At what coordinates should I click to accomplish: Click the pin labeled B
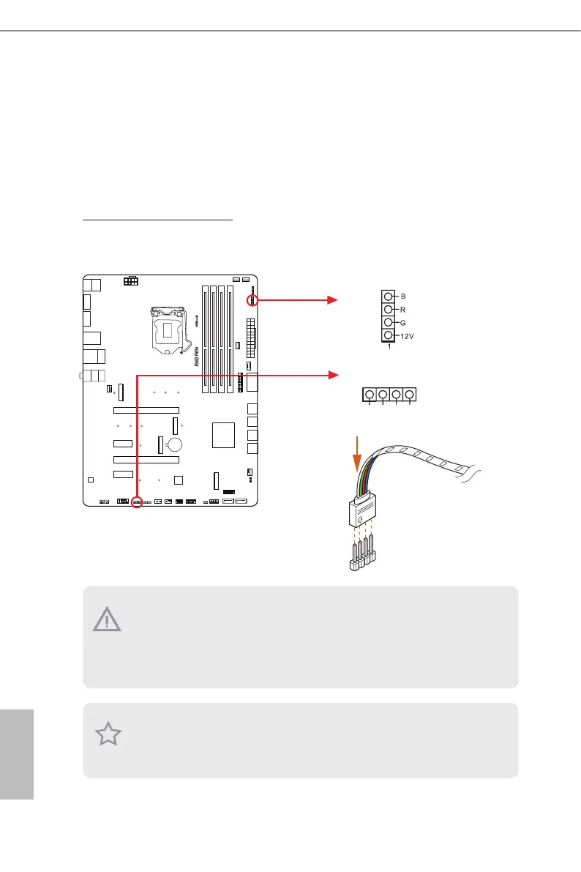[389, 297]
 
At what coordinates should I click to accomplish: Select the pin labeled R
[389, 310]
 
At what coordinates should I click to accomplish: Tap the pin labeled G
[389, 322]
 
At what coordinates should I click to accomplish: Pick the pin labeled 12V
[389, 335]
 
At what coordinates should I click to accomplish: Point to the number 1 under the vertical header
[389, 346]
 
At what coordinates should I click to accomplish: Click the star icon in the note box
[108, 734]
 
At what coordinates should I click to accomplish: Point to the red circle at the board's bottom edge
[136, 503]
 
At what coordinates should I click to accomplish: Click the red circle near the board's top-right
[252, 299]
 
